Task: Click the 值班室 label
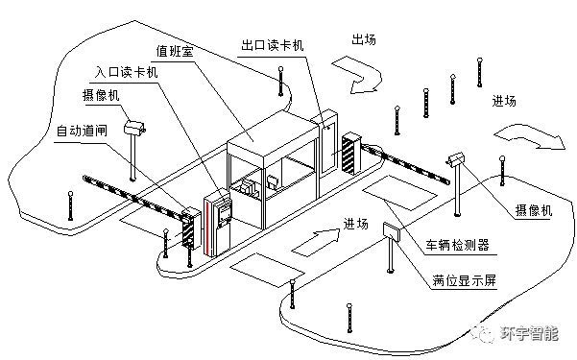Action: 175,51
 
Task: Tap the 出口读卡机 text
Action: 273,45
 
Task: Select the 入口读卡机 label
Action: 126,71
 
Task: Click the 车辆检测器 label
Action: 457,245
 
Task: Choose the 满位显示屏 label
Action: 464,280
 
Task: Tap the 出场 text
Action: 364,39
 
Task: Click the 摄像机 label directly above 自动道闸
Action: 101,95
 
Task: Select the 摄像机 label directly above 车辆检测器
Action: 534,210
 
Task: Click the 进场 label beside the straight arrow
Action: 355,224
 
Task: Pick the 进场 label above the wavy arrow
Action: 504,101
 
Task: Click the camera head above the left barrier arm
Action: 134,127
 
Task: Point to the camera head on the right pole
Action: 457,159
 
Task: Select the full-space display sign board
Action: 392,231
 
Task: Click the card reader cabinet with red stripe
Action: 217,223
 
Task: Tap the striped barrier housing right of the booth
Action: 351,153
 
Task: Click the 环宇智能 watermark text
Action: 529,334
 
